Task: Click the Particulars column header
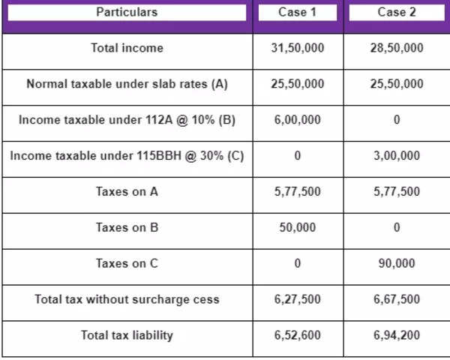(x=127, y=13)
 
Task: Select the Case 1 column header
(x=298, y=13)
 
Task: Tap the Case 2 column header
(x=397, y=13)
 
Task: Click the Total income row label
(x=127, y=48)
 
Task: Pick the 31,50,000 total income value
(x=298, y=48)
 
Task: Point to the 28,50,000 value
(x=397, y=48)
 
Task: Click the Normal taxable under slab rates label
(x=127, y=84)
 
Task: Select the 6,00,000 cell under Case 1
(x=298, y=120)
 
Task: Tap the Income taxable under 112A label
(x=127, y=120)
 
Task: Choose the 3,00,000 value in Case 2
(x=397, y=156)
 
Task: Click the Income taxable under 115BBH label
(x=127, y=156)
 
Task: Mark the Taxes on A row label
(x=127, y=192)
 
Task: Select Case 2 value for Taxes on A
(x=397, y=192)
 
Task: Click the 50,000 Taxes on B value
(x=298, y=228)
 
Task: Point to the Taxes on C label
(x=127, y=263)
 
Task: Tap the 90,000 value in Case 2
(x=397, y=263)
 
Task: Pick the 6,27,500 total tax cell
(x=298, y=299)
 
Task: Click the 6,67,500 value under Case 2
(x=397, y=299)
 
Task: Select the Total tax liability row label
(x=127, y=335)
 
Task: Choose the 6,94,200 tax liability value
(x=397, y=335)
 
